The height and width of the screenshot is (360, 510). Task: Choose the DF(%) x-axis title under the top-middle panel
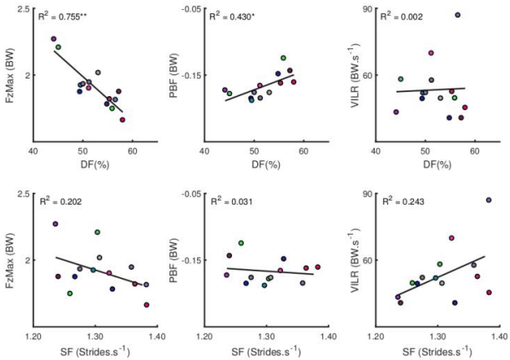(254, 165)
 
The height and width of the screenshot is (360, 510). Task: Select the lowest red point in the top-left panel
(122, 119)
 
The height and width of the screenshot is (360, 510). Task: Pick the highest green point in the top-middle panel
(284, 58)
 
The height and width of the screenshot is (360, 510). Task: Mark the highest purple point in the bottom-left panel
(55, 224)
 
